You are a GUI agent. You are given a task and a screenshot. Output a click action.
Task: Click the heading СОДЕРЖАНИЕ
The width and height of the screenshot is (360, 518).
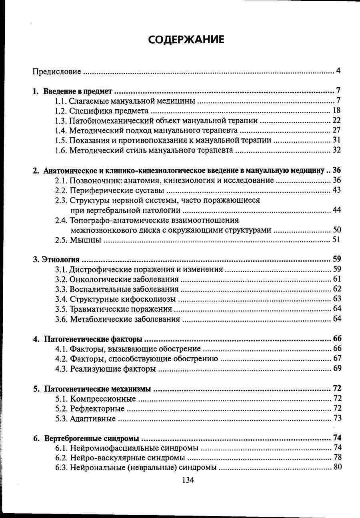pos(186,40)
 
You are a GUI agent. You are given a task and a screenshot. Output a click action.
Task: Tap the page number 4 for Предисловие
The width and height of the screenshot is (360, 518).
pos(338,71)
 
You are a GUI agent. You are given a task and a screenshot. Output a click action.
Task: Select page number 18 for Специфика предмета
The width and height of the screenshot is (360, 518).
pos(336,110)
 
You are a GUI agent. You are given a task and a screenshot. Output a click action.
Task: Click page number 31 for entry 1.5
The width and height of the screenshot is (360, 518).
pos(336,140)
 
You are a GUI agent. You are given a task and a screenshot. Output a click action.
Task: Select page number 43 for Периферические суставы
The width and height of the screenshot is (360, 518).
pos(336,190)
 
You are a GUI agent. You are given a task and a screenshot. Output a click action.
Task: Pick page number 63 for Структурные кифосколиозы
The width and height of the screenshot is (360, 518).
pos(336,299)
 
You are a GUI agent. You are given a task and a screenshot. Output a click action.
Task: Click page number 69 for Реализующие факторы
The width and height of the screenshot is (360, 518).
pos(337,368)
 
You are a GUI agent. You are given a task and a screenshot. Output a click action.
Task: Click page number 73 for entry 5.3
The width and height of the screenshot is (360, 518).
pos(337,418)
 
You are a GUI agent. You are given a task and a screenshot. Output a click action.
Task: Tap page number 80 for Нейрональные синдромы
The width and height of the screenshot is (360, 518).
pos(337,467)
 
